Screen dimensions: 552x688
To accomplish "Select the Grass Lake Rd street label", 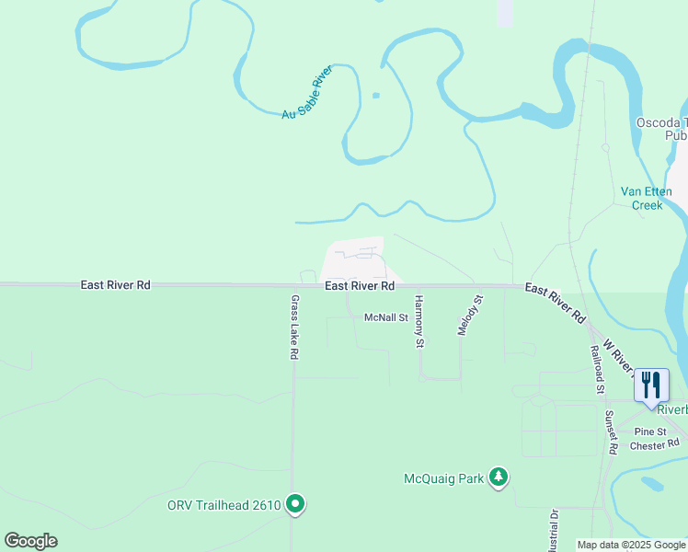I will tap(295, 327).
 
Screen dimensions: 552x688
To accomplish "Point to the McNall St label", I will tap(385, 317).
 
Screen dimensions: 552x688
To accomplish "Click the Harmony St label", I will tap(419, 321).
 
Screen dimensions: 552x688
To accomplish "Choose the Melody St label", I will tap(468, 315).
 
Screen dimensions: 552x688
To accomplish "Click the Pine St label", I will tap(649, 431).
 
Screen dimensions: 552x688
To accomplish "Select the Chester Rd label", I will tap(653, 445).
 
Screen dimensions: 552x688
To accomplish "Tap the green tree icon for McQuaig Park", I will tap(499, 477).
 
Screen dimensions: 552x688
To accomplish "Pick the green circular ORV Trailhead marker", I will tap(295, 504).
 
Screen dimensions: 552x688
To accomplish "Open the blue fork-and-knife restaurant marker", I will tap(651, 385).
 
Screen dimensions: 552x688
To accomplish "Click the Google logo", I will tap(30, 541).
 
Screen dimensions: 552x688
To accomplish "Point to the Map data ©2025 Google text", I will tap(631, 545).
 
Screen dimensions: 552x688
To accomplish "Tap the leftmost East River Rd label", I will tap(115, 285).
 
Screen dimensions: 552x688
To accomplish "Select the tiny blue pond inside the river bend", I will tap(375, 95).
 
